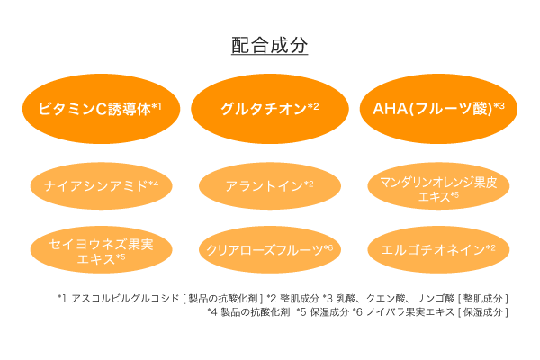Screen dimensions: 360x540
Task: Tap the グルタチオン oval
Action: coord(270,109)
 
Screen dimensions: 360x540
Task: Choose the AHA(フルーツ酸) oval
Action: coord(438,109)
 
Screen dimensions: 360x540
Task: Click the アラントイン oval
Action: coord(270,186)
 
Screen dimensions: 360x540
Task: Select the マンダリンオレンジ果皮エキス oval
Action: coord(438,187)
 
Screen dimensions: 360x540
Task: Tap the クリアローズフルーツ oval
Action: coord(270,248)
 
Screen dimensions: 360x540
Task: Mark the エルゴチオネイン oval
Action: coord(438,248)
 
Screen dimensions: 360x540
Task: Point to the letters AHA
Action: coord(391,110)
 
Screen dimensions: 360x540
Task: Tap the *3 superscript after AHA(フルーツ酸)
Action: coord(499,106)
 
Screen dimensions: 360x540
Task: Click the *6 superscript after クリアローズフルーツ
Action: coord(328,246)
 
